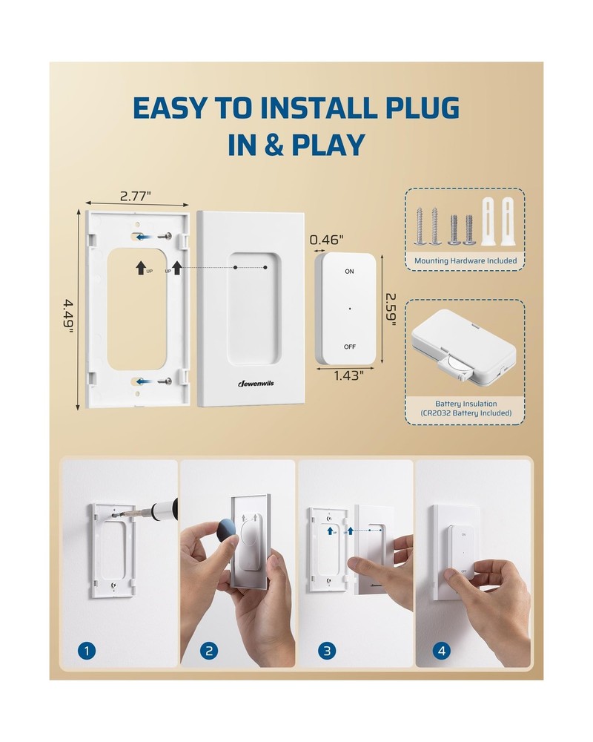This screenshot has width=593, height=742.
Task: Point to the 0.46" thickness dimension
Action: tap(327, 240)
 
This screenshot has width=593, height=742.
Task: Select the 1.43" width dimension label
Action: tap(348, 375)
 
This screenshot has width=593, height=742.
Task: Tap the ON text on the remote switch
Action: tap(349, 272)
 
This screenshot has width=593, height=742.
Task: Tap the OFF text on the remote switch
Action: tap(349, 347)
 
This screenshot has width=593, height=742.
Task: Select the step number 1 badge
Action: tap(88, 651)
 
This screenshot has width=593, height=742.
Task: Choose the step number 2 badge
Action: tap(208, 651)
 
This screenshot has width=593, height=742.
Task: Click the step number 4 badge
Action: tap(443, 651)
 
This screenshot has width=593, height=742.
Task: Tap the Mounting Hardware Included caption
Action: tap(466, 260)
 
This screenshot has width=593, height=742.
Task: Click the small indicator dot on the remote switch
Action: tap(349, 309)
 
